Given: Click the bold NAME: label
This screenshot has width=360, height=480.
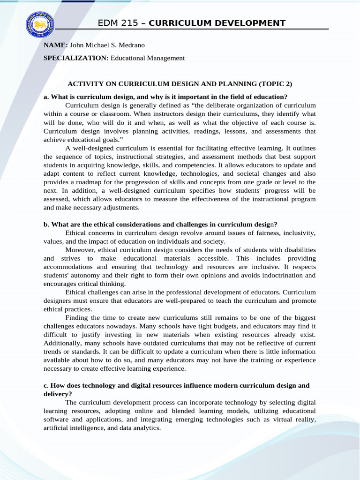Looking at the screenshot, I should pyautogui.click(x=56, y=45).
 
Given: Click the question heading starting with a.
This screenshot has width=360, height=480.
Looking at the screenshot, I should pyautogui.click(x=165, y=97).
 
